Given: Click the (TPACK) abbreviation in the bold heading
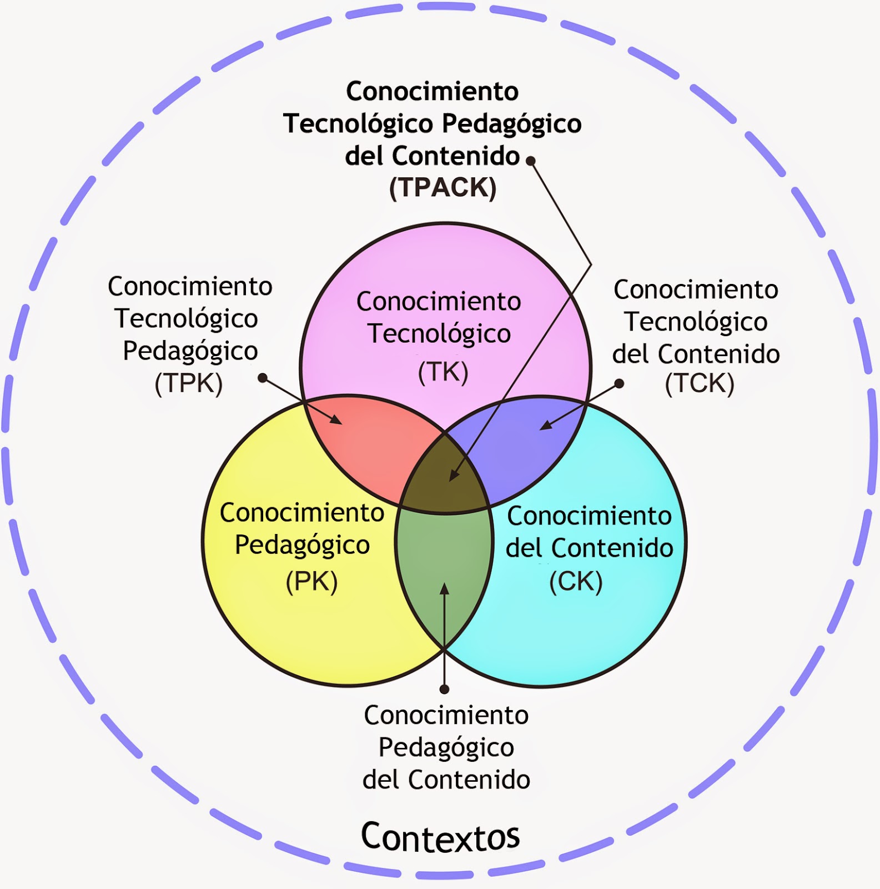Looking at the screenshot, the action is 442,188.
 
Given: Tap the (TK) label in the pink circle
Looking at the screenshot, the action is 443,372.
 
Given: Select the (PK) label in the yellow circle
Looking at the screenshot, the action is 311,582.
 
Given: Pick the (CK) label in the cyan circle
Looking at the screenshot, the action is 576,582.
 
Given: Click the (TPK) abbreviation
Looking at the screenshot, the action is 189,383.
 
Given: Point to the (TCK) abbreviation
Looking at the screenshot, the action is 700,383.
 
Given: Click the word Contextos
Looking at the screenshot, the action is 440,837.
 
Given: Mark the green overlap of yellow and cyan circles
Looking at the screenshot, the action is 444,572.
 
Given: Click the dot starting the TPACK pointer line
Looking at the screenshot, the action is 531,161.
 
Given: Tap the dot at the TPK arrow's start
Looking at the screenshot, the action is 263,378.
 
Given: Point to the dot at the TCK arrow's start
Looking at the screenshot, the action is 620,383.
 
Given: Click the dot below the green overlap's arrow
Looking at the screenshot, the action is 444,690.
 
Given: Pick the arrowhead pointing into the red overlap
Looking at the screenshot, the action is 336,419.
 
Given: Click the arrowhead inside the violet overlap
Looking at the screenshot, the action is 546,425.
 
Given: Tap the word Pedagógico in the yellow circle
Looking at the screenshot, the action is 303,546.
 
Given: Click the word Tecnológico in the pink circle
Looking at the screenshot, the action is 440,334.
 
